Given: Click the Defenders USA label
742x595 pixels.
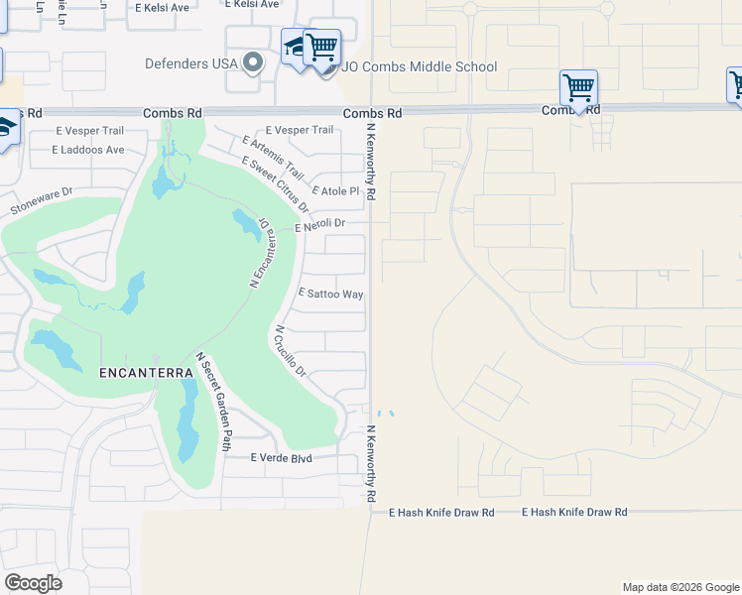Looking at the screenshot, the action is [191, 63].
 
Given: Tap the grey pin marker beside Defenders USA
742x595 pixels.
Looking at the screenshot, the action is [253, 63].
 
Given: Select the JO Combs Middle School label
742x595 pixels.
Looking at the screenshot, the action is [420, 67].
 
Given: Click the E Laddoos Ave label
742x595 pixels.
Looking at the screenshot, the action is [89, 150].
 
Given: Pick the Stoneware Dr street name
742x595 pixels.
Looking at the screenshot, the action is [42, 203].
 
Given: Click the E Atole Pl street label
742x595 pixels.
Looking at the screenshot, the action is [334, 190].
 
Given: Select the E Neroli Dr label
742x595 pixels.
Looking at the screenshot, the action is [319, 225].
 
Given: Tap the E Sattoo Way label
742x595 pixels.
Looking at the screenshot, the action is [330, 295].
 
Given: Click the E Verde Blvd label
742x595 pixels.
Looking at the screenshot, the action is [281, 457].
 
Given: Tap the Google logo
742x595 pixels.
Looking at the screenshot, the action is [33, 583].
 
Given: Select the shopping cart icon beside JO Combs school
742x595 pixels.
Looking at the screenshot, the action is [322, 47].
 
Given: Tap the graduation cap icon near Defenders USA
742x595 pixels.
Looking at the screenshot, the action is [295, 47].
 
